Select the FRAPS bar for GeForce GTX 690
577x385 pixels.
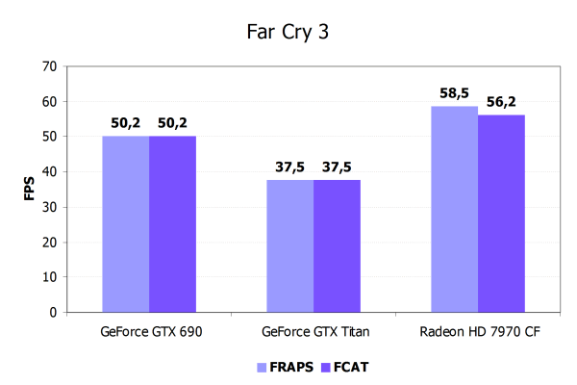125,224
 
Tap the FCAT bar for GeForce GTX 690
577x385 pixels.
173,224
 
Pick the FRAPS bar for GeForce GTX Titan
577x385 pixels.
289,246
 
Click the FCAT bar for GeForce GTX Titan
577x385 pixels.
337,246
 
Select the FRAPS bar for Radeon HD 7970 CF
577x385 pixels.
454,209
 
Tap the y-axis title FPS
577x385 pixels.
28,190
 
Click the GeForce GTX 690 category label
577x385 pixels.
150,333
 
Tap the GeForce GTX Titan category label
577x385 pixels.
314,333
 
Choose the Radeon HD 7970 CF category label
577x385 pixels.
477,333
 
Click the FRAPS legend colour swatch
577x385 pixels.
261,367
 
